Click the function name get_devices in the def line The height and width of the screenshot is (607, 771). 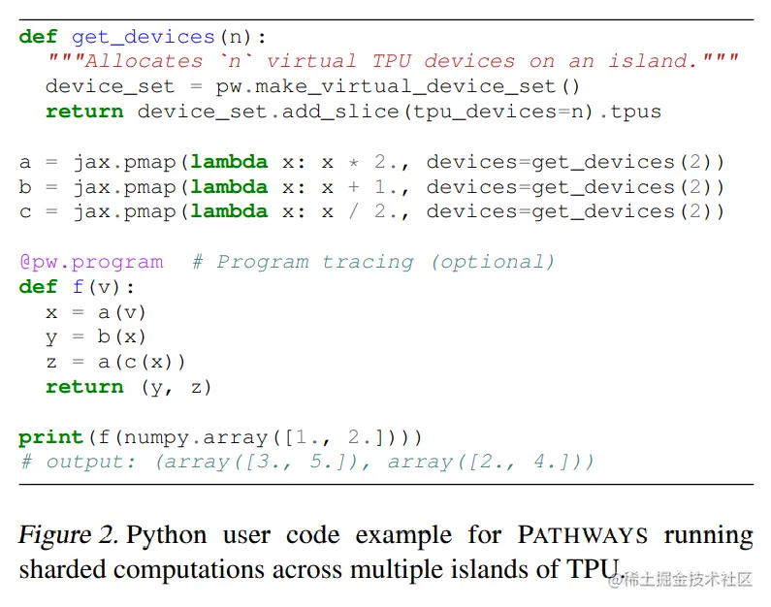[x=143, y=37]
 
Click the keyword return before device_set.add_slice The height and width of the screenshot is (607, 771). [x=84, y=112]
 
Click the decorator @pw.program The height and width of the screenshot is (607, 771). [x=91, y=262]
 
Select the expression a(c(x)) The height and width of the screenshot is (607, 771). [x=144, y=362]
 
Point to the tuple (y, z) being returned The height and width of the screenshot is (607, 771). [x=177, y=387]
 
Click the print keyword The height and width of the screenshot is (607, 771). [x=51, y=437]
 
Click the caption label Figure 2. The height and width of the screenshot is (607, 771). [x=69, y=536]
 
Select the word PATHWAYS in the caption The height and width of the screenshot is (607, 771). [x=585, y=536]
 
